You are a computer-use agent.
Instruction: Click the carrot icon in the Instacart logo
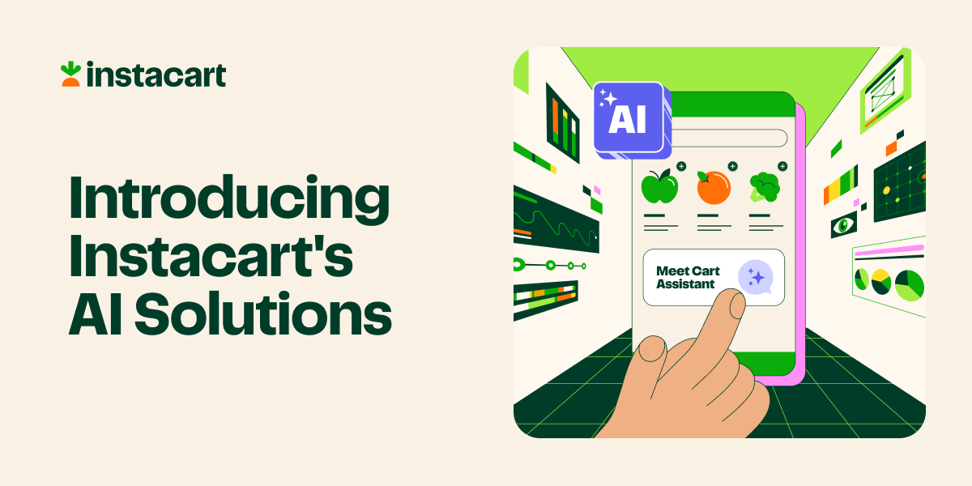pos(70,74)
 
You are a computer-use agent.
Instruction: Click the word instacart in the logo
pos(156,75)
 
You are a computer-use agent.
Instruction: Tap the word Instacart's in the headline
pos(211,257)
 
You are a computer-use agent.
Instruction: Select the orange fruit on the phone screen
pos(713,187)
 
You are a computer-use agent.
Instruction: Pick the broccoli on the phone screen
pos(764,186)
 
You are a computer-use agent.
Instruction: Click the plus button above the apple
pos(681,166)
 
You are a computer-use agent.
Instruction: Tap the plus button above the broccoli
pos(782,166)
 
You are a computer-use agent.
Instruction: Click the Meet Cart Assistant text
pos(687,277)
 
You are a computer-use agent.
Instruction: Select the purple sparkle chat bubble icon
pos(756,277)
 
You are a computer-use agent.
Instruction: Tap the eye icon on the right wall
pos(843,224)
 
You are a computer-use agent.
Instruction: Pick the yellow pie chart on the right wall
pos(881,283)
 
